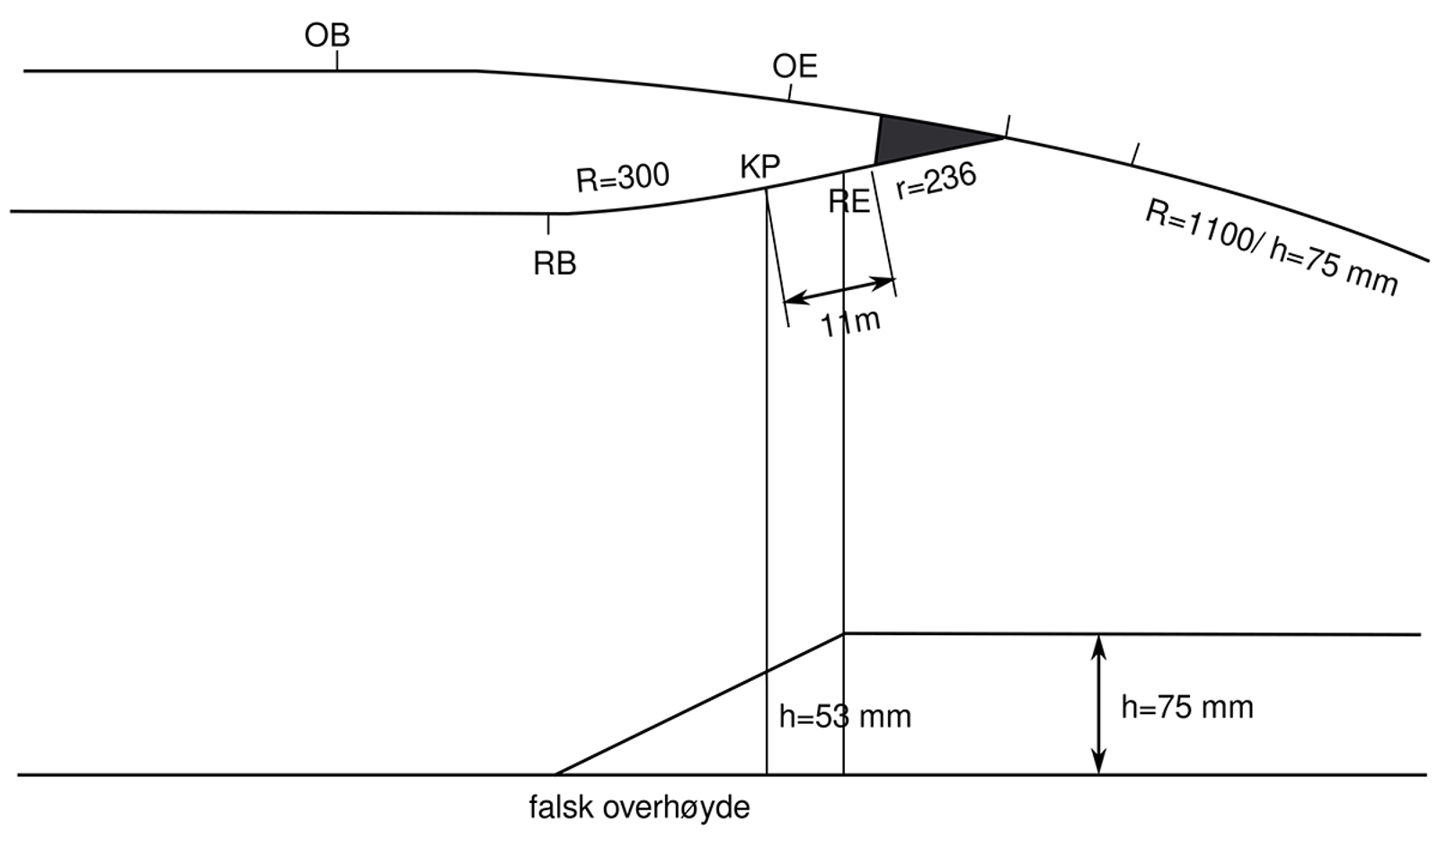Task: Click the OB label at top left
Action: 327,35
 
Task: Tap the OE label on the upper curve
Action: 794,66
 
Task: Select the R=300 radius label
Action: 623,177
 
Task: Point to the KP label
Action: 759,166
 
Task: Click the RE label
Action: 849,201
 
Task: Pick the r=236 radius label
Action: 936,181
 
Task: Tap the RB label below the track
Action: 555,264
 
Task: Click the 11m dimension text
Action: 850,322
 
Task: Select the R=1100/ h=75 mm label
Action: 1271,248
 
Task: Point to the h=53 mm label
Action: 845,717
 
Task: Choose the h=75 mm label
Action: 1186,708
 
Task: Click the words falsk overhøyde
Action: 639,807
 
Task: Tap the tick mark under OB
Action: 337,60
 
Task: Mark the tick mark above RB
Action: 548,224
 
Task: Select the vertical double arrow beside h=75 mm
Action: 1098,704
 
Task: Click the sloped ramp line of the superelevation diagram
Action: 699,704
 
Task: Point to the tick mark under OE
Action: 790,92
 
